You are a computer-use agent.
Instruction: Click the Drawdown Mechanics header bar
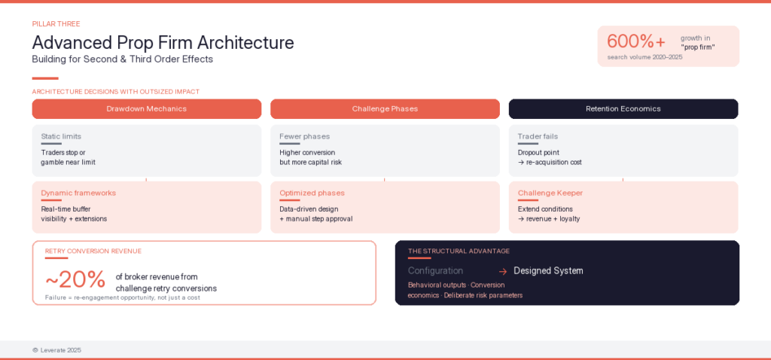tap(146, 108)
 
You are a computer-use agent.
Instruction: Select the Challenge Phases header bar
tap(385, 108)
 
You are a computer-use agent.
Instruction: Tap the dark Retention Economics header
tap(623, 108)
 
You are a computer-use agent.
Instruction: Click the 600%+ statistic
tap(636, 41)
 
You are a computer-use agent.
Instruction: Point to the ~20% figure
tap(75, 279)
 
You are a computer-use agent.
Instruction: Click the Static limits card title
tap(61, 136)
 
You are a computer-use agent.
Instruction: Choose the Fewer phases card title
tap(304, 136)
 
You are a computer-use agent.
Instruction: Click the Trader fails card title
tap(538, 136)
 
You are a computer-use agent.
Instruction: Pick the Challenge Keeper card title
tap(550, 193)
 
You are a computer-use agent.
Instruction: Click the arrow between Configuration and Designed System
tap(502, 271)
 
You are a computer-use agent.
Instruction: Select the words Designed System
tap(548, 270)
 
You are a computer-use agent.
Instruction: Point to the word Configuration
tap(435, 270)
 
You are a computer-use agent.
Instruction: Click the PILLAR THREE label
tap(56, 24)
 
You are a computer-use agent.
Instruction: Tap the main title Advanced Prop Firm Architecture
tap(163, 42)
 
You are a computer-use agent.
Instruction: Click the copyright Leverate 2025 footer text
tap(56, 350)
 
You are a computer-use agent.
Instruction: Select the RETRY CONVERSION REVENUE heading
tap(93, 251)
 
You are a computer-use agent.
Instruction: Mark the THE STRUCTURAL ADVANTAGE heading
tap(459, 251)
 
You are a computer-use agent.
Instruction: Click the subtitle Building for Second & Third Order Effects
tap(122, 59)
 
